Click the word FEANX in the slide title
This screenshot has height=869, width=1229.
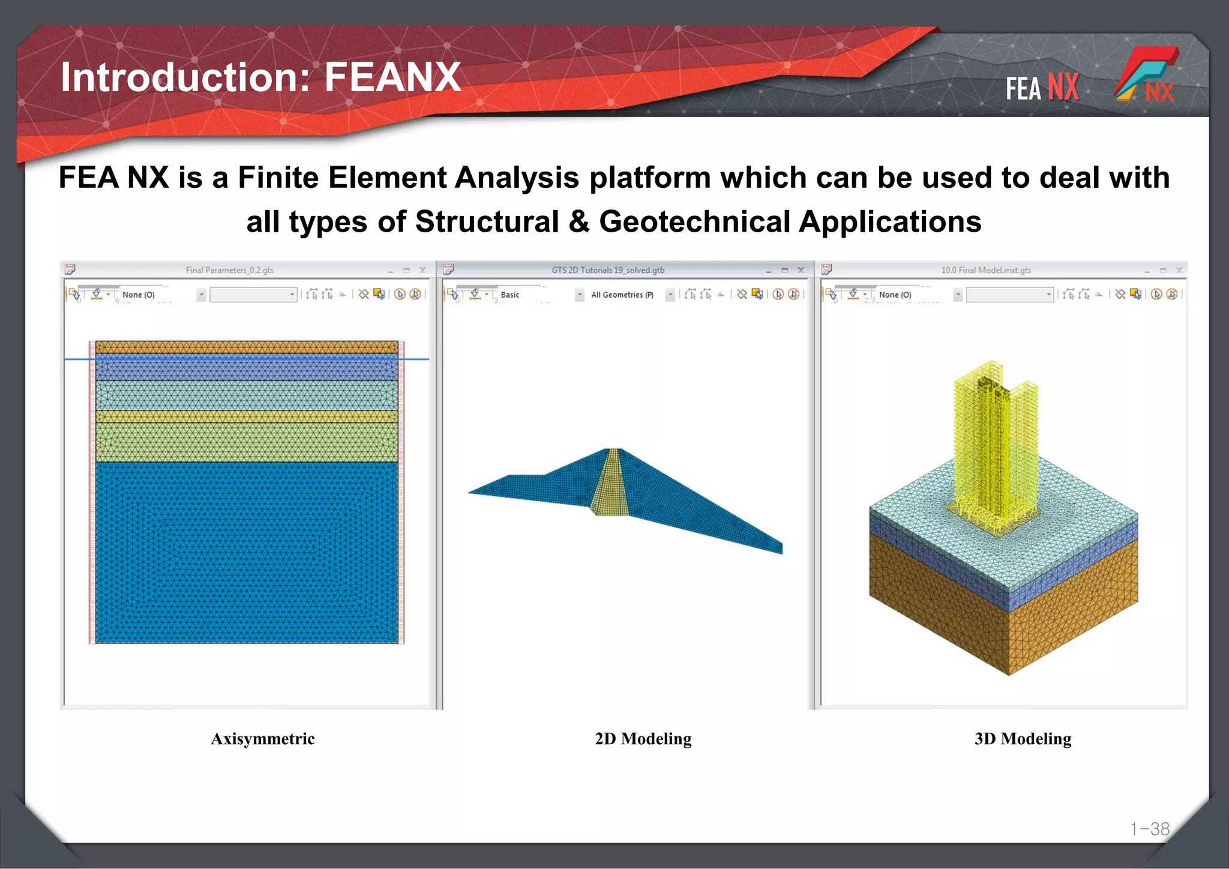[x=392, y=77]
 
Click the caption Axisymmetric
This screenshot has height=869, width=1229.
[x=262, y=739]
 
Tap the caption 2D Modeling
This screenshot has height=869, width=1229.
[x=643, y=739]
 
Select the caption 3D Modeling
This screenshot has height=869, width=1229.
[x=1023, y=739]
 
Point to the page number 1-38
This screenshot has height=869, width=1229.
[x=1149, y=829]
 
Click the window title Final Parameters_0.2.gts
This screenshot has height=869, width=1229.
[x=229, y=270]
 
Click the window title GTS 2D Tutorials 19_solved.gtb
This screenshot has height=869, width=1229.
[x=607, y=270]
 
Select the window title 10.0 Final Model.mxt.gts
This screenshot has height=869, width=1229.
[x=985, y=270]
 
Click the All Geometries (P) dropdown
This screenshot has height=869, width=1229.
[x=630, y=295]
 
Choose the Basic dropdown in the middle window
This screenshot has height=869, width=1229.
[x=538, y=295]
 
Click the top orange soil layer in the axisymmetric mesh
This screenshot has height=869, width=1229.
[x=246, y=347]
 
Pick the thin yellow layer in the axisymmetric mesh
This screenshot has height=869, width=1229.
[x=246, y=416]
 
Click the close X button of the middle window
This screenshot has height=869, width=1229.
[x=800, y=270]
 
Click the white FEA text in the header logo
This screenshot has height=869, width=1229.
[x=1023, y=88]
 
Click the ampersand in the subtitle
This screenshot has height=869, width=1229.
[x=578, y=221]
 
